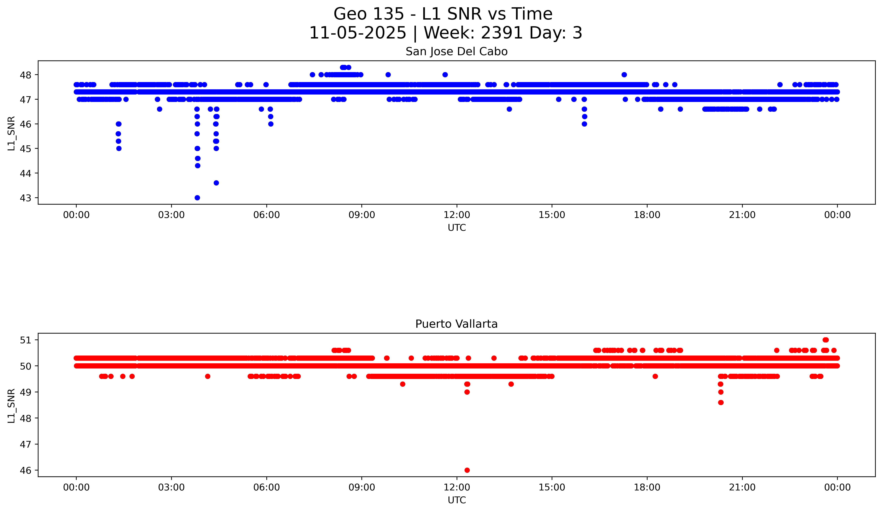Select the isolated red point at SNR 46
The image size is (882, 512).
coord(467,470)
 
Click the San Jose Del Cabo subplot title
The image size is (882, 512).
coord(456,52)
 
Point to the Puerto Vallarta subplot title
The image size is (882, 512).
coord(456,324)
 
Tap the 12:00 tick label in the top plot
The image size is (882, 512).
coord(457,215)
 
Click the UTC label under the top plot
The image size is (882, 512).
coord(457,228)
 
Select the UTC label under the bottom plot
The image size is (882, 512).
coord(457,500)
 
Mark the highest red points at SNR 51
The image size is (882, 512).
coord(826,340)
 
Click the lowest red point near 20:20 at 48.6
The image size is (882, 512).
coord(721,402)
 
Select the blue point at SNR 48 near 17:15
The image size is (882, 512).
coord(624,75)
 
